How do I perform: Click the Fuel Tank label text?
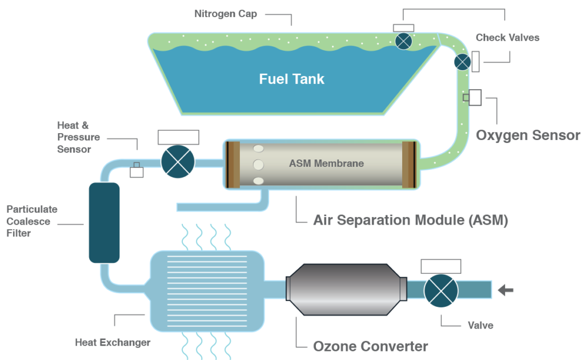point(291,79)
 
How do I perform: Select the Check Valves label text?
point(507,38)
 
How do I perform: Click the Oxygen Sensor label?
point(528,135)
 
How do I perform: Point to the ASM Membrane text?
point(326,163)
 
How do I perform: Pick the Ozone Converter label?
point(370,346)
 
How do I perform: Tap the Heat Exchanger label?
point(113,342)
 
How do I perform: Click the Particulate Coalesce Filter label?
point(31,221)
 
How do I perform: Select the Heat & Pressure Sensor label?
point(78,137)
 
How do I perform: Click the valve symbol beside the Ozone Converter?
point(440,290)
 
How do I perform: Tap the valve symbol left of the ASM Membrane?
point(178,162)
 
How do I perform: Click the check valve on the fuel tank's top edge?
point(404,40)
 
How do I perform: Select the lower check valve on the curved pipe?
point(462,62)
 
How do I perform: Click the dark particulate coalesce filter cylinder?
point(104,222)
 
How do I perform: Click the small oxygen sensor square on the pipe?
point(466,98)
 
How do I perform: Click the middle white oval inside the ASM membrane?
point(258,165)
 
